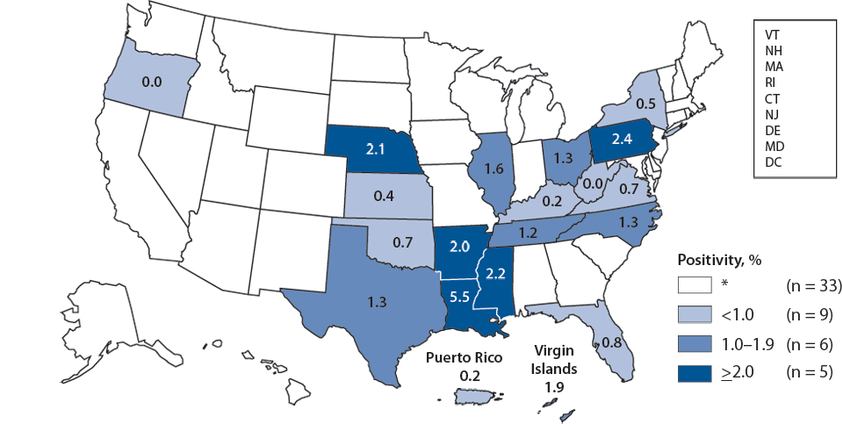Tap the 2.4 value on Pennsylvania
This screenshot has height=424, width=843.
tap(623, 139)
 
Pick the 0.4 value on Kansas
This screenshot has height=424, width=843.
tap(382, 197)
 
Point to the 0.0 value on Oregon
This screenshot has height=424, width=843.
tap(150, 83)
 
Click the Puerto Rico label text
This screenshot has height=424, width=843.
tap(464, 358)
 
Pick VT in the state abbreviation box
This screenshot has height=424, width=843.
tap(773, 32)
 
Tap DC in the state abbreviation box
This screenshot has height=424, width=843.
tap(773, 162)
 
